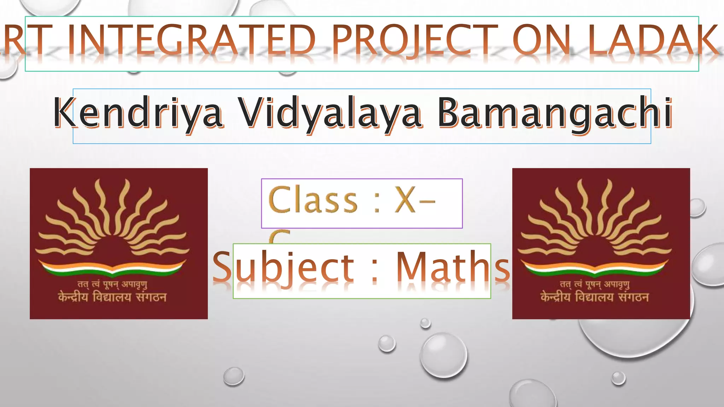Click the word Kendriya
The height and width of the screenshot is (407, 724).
coord(138,113)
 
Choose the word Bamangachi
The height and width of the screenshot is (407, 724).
coord(555,113)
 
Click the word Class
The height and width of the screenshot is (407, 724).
coord(313,200)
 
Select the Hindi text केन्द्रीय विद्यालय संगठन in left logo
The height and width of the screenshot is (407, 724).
coord(112,297)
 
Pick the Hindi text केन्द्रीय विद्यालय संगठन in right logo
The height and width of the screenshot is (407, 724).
coord(595,297)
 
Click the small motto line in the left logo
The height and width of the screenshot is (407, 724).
coord(112,284)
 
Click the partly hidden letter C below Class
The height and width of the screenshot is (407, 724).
coord(279,236)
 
